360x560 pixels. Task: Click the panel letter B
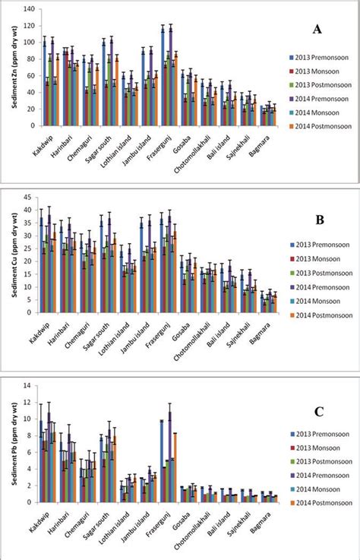(x=320, y=221)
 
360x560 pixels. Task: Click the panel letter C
(x=319, y=413)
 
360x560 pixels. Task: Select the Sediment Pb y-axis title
(x=14, y=442)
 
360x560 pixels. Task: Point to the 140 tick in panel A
(x=30, y=10)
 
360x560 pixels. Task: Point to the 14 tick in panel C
(x=32, y=385)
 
